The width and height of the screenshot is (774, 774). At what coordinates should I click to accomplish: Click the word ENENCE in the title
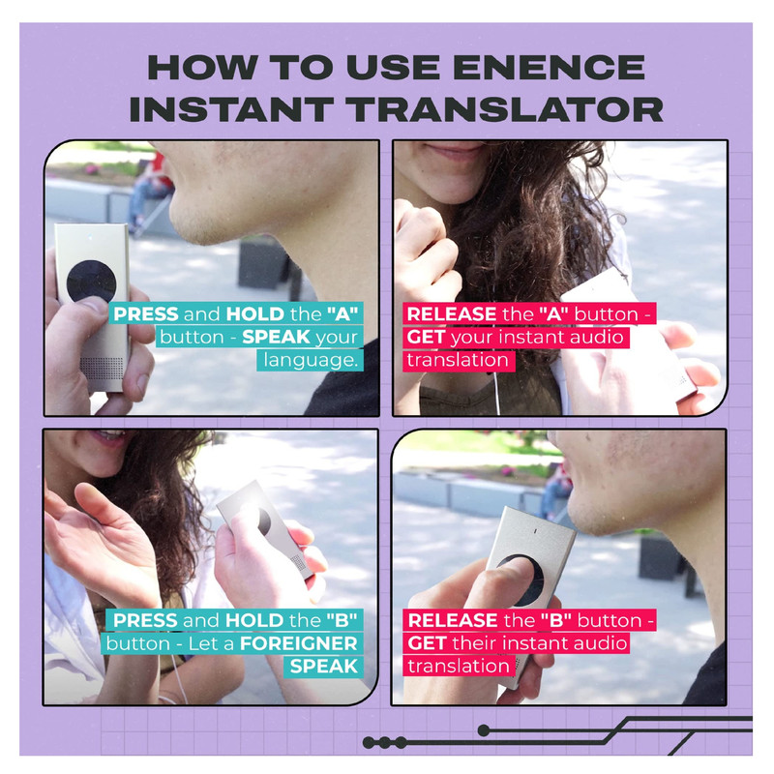549,67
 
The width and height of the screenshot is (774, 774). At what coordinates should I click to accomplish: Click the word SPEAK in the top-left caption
276,337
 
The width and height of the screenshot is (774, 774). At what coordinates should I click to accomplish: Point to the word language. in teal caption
311,360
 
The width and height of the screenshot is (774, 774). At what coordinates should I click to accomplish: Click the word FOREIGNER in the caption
298,643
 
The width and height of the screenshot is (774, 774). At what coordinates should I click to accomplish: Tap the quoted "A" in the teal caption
342,313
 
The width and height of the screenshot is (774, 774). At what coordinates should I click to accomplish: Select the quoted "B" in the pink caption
555,620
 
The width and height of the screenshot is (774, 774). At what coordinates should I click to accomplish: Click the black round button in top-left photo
91,282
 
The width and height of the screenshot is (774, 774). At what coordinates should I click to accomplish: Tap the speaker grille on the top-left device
102,369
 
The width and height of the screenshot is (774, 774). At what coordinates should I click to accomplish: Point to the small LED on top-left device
90,237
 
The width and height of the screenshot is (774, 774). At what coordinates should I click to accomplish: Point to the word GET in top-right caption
426,337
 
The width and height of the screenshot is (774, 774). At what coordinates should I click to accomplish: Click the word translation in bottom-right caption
459,667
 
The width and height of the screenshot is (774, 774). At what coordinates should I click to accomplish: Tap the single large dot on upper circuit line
485,730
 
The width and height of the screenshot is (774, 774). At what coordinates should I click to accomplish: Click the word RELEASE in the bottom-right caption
453,620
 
